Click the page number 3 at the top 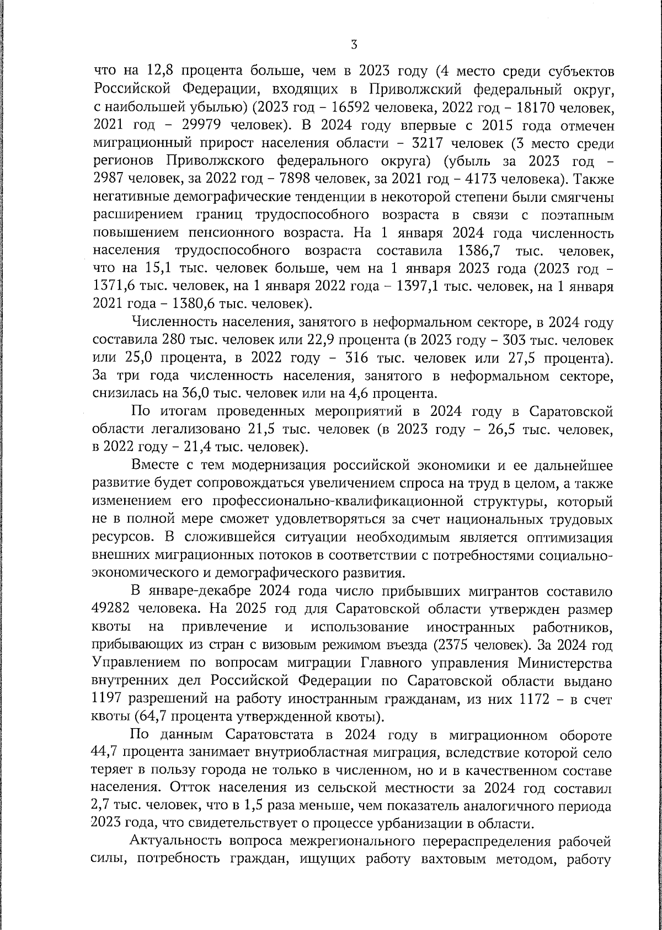(354, 45)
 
